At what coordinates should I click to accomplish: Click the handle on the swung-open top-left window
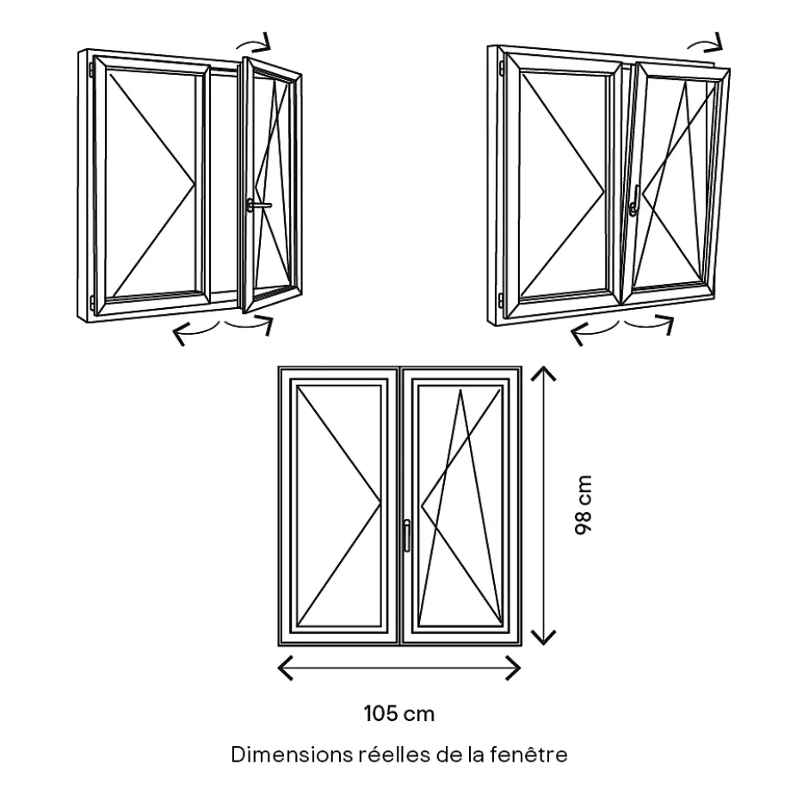click(x=256, y=205)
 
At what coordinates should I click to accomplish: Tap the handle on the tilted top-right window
click(x=634, y=203)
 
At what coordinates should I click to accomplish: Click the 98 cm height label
click(x=584, y=506)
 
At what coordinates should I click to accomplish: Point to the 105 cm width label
click(x=398, y=713)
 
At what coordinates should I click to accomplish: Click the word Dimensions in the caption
click(x=290, y=755)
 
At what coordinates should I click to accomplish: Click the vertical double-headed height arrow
click(x=542, y=506)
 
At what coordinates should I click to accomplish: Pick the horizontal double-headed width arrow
click(x=399, y=668)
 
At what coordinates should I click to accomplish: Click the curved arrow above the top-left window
click(x=256, y=41)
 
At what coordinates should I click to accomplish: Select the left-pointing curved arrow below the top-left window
click(x=194, y=330)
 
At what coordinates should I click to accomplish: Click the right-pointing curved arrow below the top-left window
click(x=250, y=324)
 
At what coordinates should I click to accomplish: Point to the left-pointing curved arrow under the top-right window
click(x=593, y=331)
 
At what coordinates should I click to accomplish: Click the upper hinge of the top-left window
click(x=90, y=66)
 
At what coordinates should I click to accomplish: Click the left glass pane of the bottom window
click(x=339, y=506)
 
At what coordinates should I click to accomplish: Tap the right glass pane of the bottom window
click(x=460, y=506)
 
